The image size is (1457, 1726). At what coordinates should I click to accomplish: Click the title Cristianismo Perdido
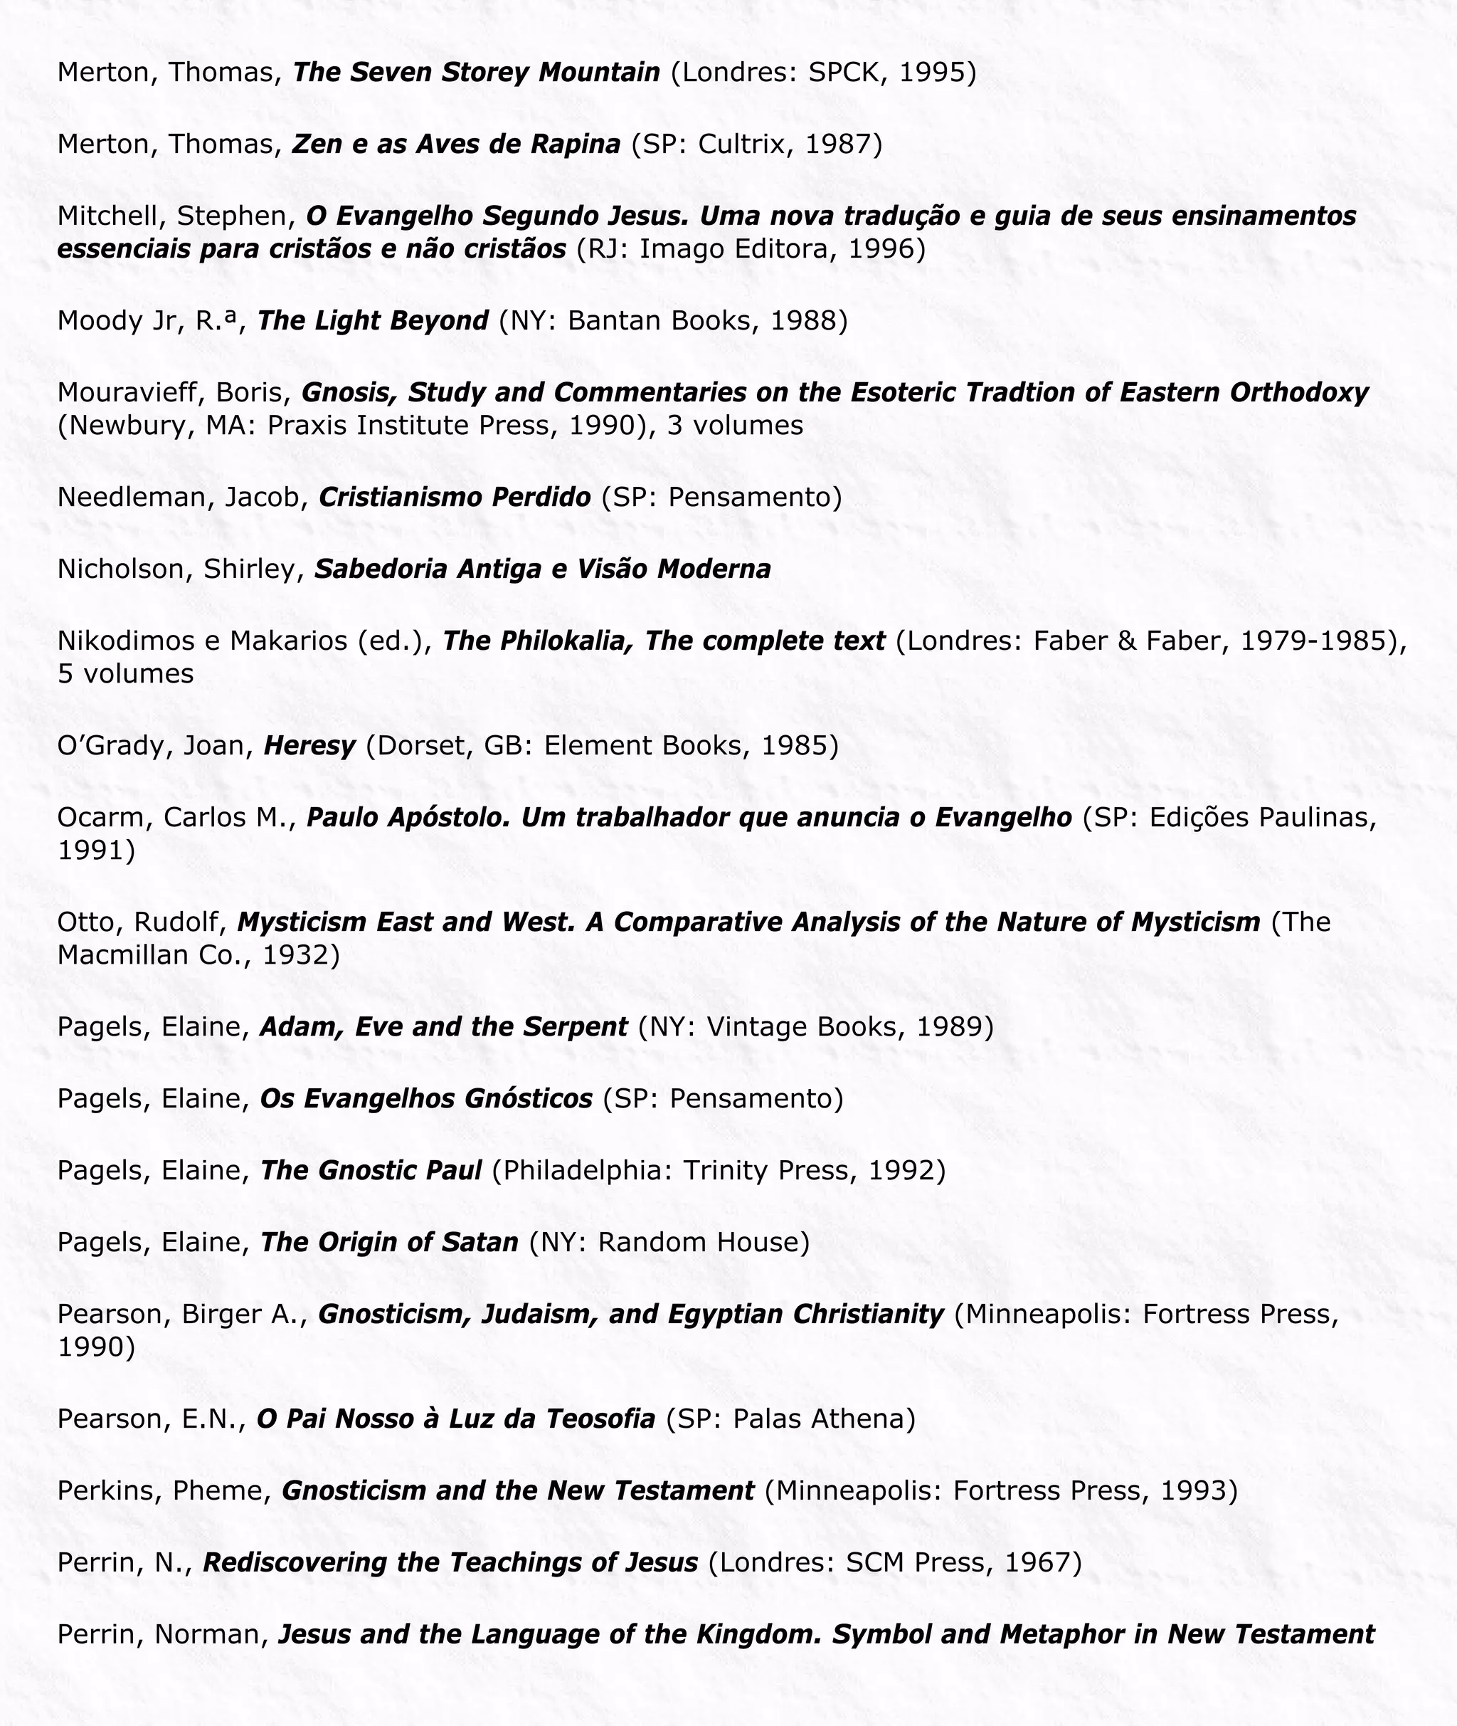coord(455,498)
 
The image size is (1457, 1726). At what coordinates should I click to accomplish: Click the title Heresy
coord(309,746)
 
